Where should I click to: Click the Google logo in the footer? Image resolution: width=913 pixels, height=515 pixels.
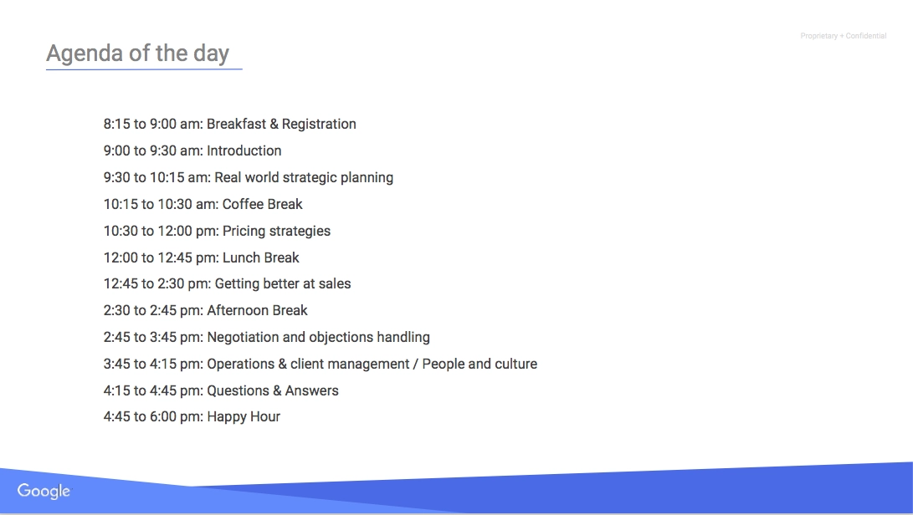click(x=44, y=491)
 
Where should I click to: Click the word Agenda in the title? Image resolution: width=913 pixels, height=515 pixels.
click(x=85, y=54)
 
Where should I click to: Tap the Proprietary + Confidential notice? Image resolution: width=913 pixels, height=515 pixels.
click(x=844, y=36)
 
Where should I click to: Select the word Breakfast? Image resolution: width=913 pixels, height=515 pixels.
click(x=236, y=124)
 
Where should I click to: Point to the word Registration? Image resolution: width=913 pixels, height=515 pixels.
click(x=319, y=125)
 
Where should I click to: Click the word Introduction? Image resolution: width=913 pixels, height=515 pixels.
click(x=244, y=150)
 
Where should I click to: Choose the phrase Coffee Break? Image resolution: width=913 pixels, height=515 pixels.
click(x=263, y=204)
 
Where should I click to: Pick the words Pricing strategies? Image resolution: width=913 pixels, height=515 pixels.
click(x=277, y=231)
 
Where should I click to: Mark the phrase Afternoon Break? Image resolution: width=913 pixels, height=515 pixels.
click(x=258, y=310)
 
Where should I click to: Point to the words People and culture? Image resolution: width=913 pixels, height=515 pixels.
click(x=480, y=365)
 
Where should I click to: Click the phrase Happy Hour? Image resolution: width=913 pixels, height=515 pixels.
click(x=244, y=417)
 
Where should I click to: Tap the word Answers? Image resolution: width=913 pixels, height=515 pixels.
click(x=311, y=390)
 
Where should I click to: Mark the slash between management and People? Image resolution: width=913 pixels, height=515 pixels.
click(x=416, y=365)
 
